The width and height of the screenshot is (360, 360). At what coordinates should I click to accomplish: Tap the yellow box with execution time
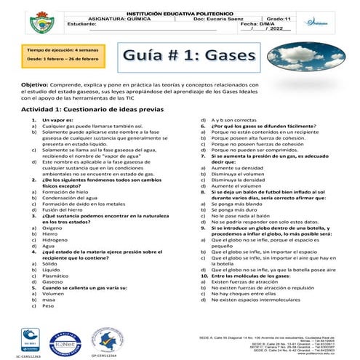[52, 57]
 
